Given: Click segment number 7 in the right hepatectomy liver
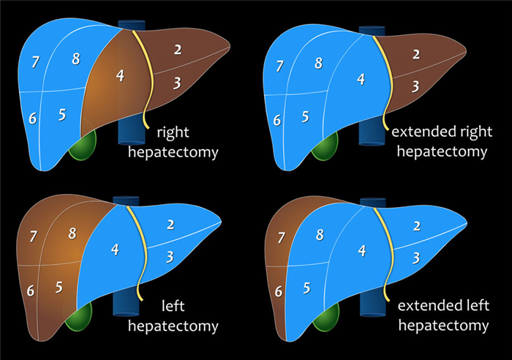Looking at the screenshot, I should (x=35, y=62).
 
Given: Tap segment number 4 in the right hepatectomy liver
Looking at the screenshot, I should (x=120, y=75).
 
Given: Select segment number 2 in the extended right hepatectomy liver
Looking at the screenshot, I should (x=416, y=54).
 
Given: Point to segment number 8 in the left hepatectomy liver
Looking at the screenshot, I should (x=71, y=235).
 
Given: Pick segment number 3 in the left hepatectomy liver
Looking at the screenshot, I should (x=169, y=256).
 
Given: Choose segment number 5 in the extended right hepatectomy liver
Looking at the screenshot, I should (x=304, y=116).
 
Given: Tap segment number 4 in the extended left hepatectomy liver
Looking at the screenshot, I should (x=361, y=250).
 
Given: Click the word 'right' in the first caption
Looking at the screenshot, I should (x=173, y=133).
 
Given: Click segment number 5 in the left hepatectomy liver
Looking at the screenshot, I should (x=58, y=287).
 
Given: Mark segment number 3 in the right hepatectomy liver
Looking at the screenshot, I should (x=176, y=82).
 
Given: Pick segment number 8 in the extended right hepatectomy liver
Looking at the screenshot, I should (x=318, y=63).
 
